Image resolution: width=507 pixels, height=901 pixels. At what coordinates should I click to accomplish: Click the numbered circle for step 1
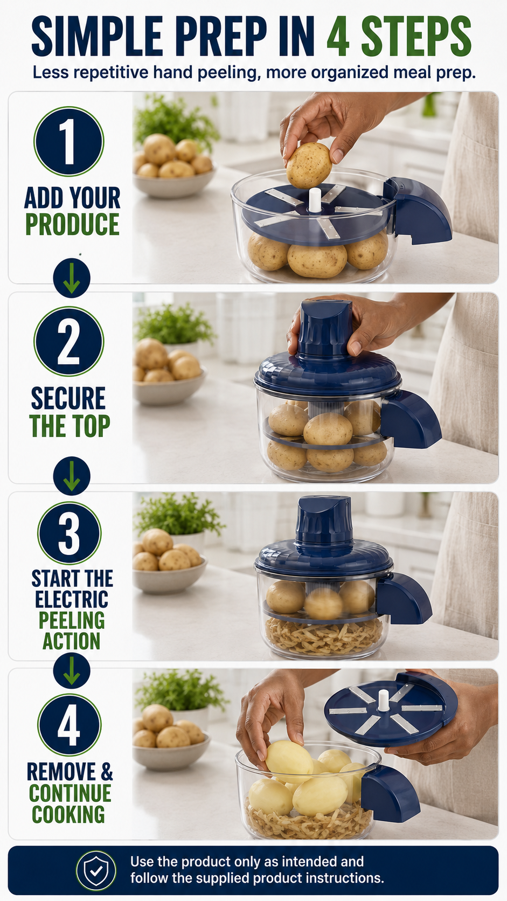coord(69,141)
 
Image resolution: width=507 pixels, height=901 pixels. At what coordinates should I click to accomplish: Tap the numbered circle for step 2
coord(69,342)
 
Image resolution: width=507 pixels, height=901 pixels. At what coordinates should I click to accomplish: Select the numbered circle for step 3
coord(69,533)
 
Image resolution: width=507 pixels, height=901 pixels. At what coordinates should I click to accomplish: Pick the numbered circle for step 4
coord(69,726)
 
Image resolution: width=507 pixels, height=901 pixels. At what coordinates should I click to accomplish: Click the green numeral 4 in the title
coord(338,37)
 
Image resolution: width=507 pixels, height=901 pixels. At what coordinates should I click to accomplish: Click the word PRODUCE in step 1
coord(72,224)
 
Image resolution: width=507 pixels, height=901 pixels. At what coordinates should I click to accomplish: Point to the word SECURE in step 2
coord(68,398)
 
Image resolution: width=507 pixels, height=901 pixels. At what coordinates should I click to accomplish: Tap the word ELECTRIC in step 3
coord(72,599)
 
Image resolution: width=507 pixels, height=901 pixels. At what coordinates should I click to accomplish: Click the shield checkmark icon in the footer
coord(96,871)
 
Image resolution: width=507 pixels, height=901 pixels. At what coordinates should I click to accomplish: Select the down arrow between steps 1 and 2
coord(72,278)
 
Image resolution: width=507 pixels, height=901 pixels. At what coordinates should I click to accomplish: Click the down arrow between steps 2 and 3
coord(72,476)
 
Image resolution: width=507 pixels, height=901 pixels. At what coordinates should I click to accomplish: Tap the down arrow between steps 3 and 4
coord(72,670)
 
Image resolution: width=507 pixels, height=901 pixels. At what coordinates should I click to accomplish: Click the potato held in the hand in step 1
coord(309,165)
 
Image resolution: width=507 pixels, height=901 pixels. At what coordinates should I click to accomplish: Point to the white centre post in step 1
coord(315,200)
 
